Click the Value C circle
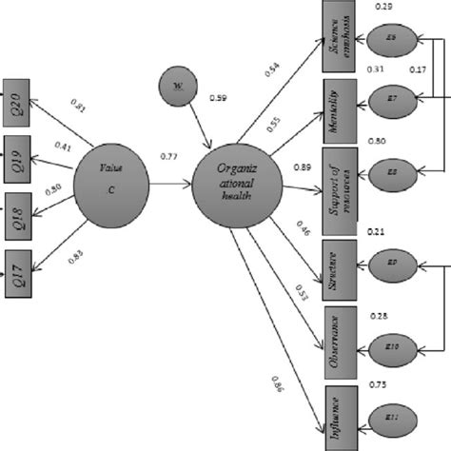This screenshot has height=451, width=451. (117, 182)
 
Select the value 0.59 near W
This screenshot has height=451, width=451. (217, 98)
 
